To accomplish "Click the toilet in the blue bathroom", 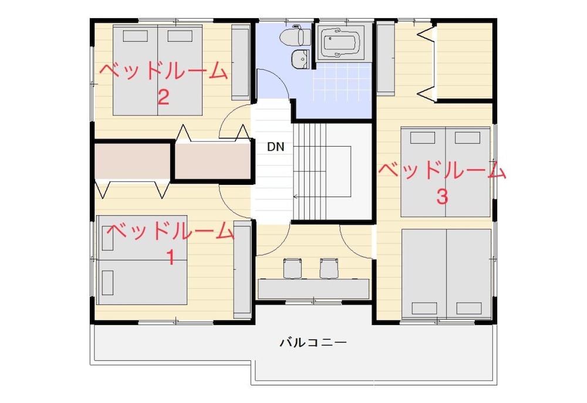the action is (295, 36).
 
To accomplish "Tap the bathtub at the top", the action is (341, 42).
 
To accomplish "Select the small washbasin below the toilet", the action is (301, 59).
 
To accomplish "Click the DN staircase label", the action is (275, 147).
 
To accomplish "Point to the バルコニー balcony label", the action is (313, 342).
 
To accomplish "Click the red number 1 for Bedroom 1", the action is (170, 258).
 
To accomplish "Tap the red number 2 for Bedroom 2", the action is (163, 97).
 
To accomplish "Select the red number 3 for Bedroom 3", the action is (442, 197).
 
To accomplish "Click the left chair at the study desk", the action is (292, 268).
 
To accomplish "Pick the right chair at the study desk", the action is (329, 268).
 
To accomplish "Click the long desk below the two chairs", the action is (313, 289).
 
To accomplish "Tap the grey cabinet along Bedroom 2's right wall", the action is (241, 63).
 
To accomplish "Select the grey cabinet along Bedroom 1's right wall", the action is (242, 269).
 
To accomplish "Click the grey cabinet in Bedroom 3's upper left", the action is (386, 58).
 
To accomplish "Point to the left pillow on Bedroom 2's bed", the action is (135, 36).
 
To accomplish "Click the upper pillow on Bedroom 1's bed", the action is (107, 238).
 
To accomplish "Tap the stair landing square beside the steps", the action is (339, 171).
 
